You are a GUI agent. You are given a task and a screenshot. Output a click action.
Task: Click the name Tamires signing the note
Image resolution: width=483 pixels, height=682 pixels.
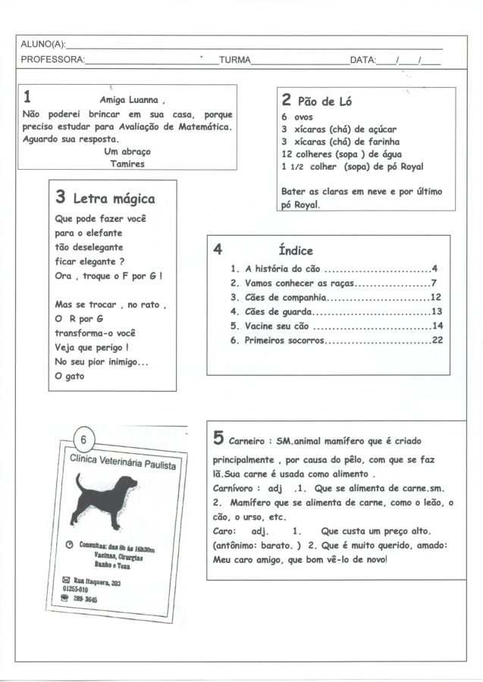(x=127, y=163)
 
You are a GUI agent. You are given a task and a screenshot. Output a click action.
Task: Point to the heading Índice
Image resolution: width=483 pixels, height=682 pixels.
(x=296, y=250)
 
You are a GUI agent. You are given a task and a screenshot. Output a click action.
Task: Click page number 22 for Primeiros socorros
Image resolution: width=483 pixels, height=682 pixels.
(x=437, y=340)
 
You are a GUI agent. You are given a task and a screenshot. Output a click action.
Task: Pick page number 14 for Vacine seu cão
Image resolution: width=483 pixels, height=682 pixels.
(x=437, y=326)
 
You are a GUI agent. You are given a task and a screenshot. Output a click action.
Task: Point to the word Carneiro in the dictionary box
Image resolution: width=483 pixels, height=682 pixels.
(x=249, y=441)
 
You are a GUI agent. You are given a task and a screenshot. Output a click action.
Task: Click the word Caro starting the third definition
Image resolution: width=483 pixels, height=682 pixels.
(x=224, y=531)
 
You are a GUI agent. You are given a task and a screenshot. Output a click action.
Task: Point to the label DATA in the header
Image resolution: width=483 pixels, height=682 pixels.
(x=362, y=60)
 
